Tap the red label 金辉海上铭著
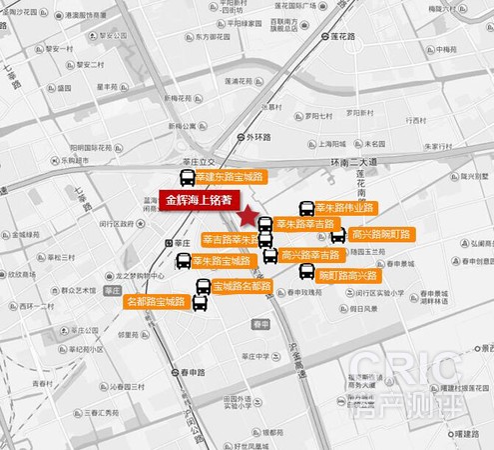coord(199,198)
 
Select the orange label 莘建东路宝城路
coord(229,176)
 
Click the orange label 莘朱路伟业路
coord(343,208)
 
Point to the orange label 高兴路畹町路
coord(381,234)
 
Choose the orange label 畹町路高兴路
coord(347,275)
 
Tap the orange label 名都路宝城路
coord(156,300)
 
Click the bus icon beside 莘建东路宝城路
coord(187,180)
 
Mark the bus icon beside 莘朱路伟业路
coord(306,208)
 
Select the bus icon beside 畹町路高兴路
coord(305,271)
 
